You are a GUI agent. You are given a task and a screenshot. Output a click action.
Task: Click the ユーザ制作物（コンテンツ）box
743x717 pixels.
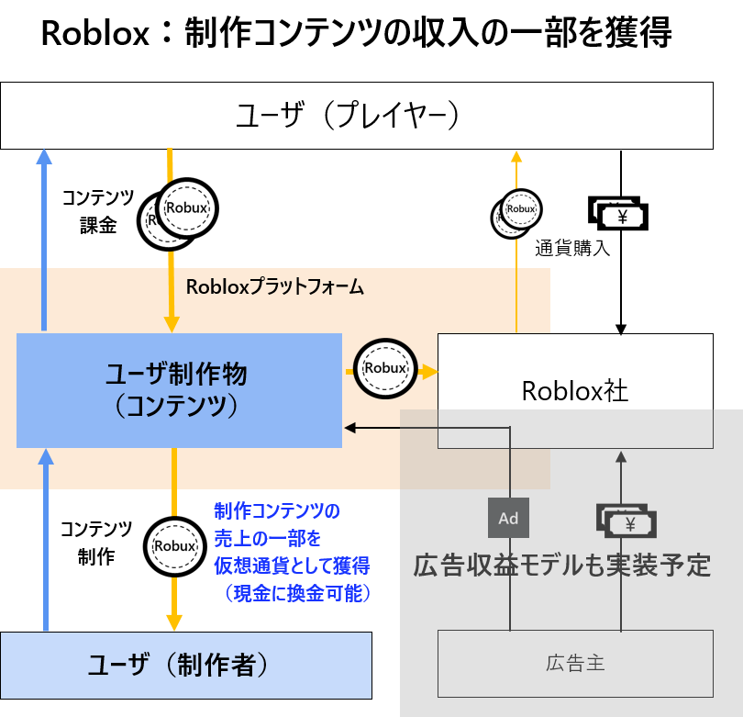pos(180,390)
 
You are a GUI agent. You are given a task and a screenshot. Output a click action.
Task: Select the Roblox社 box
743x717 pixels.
pos(575,391)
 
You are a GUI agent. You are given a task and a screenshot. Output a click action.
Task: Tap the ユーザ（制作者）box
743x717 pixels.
pos(185,666)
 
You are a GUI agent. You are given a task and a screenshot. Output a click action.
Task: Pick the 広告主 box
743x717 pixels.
pos(575,663)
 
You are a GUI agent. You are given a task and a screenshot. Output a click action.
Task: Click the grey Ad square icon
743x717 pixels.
pos(508,518)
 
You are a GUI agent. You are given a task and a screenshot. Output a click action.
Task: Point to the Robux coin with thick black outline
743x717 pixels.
pos(384,368)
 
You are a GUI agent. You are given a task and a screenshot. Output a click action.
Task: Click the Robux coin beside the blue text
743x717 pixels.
pos(174,546)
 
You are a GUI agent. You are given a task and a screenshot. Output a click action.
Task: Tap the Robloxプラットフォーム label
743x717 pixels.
pos(275,287)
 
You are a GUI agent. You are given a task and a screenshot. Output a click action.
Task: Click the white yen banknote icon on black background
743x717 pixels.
pos(619,216)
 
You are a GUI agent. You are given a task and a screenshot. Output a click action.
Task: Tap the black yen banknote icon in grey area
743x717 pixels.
pos(627,521)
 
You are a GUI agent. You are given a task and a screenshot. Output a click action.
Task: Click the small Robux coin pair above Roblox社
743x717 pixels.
pos(517,212)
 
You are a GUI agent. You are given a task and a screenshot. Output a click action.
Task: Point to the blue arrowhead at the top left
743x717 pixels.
pos(44,156)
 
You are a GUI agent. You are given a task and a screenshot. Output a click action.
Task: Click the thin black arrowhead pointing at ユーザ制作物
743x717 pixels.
pos(350,427)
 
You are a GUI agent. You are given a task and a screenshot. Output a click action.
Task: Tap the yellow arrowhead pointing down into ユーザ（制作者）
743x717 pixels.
pos(173,622)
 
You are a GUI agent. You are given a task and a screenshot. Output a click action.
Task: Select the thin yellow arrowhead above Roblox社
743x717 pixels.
pos(516,156)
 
